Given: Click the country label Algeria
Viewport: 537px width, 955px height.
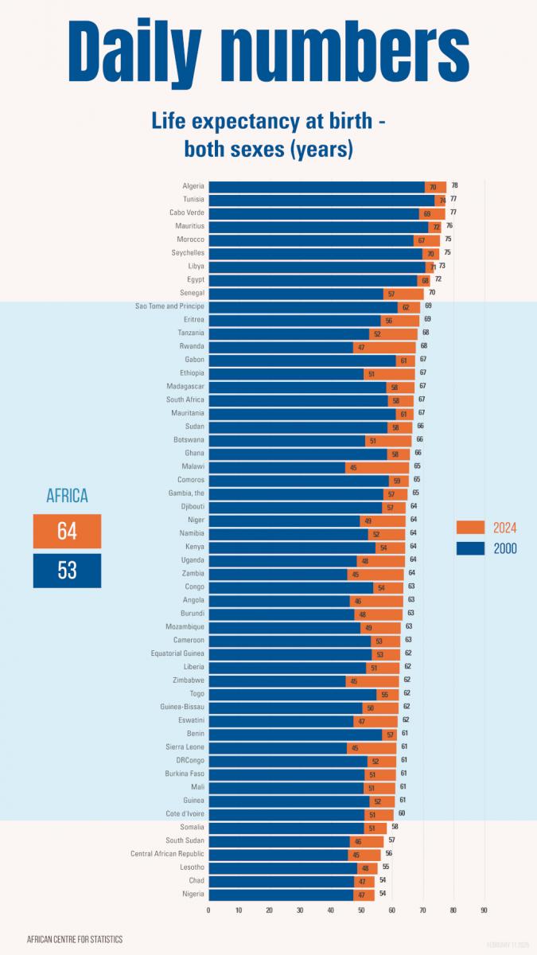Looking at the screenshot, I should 193,186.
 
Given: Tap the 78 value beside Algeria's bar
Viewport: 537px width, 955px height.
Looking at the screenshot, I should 454,185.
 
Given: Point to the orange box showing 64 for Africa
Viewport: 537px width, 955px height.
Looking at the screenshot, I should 67,532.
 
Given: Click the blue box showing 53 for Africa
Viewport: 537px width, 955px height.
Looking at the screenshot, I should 67,571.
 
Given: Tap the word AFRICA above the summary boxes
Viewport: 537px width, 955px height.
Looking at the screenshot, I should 67,496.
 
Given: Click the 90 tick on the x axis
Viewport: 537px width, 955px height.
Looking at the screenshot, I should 484,910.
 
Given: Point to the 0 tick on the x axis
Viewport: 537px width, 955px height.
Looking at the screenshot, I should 208,910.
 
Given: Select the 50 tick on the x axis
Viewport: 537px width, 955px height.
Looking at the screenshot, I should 361,910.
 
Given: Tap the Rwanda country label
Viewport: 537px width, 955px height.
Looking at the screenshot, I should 192,346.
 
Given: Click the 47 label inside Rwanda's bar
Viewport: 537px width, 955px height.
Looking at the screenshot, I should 361,347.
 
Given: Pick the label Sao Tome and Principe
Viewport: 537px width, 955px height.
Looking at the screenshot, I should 169,306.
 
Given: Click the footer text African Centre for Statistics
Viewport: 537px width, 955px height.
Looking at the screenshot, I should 75,939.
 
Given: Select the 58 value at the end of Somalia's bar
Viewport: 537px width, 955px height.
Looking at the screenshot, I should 395,827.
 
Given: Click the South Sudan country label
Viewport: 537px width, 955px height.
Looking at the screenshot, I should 185,840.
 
